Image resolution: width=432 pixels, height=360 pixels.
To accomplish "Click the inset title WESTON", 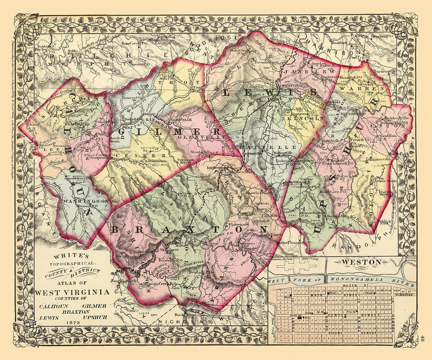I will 362,262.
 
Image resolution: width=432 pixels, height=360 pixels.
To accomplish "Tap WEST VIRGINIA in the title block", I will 72,292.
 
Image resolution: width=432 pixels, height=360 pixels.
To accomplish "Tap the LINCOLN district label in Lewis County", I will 306,118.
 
